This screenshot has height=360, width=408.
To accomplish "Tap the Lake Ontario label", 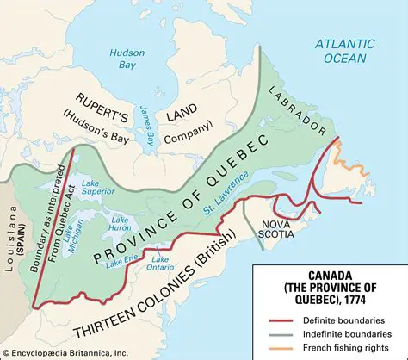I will pyautogui.click(x=162, y=262).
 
